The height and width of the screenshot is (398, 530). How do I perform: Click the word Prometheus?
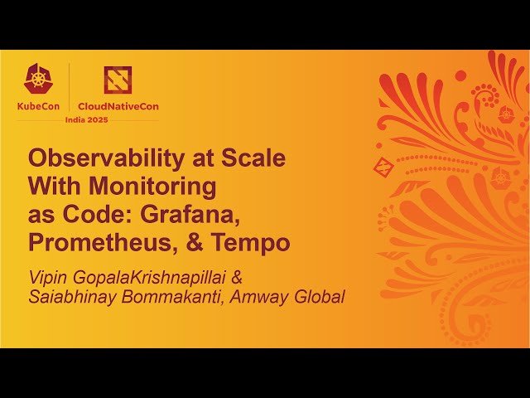(91, 243)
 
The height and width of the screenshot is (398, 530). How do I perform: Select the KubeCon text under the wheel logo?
(36, 106)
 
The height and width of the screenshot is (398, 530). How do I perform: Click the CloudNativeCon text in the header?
(117, 106)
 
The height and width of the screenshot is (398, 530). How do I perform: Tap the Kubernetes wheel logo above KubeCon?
(36, 80)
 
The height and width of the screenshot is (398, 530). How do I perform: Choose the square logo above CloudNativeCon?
(117, 80)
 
